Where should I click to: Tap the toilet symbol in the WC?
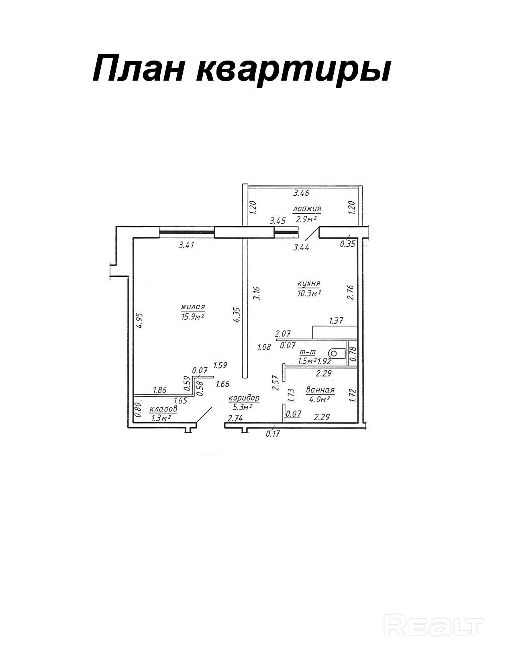337,353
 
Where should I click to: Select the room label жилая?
193,307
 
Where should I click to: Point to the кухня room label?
308,283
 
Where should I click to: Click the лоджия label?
307,209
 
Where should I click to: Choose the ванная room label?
320,389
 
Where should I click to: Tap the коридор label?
244,398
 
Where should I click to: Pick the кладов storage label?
163,409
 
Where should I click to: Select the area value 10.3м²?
308,293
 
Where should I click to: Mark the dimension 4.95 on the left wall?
140,321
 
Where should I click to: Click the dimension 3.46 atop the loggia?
301,193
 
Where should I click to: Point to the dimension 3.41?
186,245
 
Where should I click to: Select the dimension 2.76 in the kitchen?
350,292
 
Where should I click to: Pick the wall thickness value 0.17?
273,434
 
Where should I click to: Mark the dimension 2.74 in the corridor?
235,419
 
